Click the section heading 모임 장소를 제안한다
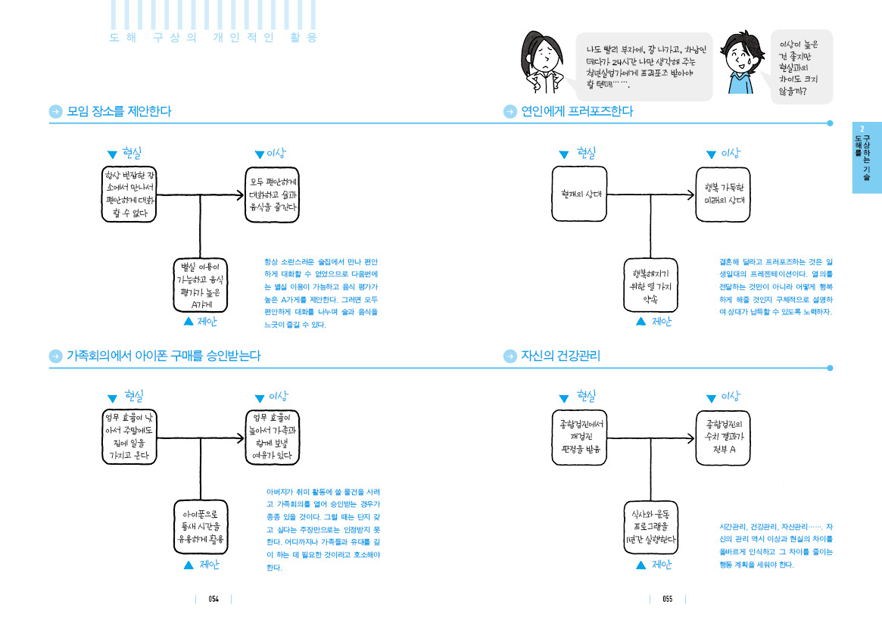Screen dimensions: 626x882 click(119, 111)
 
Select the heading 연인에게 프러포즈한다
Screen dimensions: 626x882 click(576, 111)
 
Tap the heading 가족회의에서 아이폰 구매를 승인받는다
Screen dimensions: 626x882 click(164, 356)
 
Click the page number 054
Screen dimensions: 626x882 click(213, 599)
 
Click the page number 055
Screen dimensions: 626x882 click(667, 599)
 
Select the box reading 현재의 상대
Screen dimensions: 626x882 click(579, 194)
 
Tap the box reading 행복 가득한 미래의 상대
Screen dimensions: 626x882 click(723, 194)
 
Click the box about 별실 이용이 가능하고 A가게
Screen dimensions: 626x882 click(200, 286)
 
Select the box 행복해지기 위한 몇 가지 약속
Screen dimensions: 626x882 click(650, 285)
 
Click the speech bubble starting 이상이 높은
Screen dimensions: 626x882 click(801, 67)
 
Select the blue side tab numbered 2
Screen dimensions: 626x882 click(866, 157)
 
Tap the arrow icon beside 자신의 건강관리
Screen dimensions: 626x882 click(510, 356)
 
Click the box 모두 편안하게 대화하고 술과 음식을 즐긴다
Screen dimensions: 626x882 click(273, 194)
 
